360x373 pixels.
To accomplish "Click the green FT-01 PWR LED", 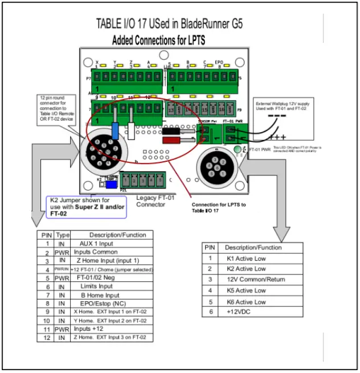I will [x=238, y=150].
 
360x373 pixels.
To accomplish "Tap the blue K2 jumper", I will [x=112, y=184].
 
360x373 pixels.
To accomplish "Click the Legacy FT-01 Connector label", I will [x=152, y=201].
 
